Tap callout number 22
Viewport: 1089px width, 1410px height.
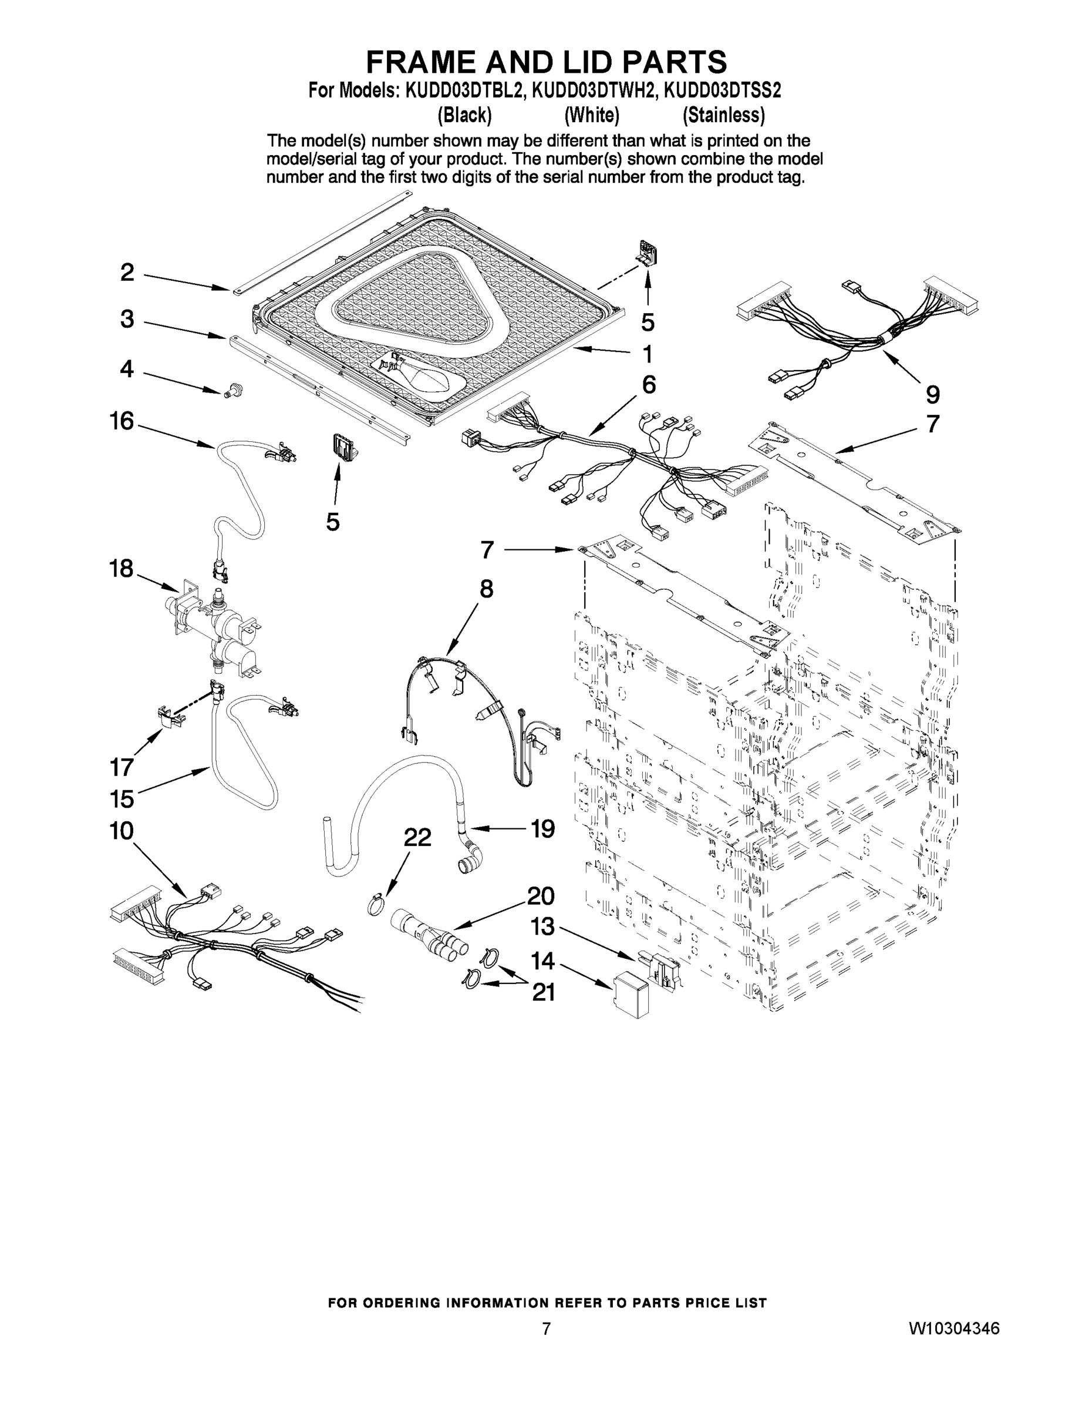[x=417, y=838]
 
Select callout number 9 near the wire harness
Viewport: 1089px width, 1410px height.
[x=932, y=394]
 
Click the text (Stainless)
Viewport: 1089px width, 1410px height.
[x=724, y=116]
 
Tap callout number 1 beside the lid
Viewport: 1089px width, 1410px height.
[x=647, y=354]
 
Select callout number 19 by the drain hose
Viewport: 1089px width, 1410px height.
[x=542, y=828]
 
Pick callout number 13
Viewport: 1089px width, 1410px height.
[x=542, y=926]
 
